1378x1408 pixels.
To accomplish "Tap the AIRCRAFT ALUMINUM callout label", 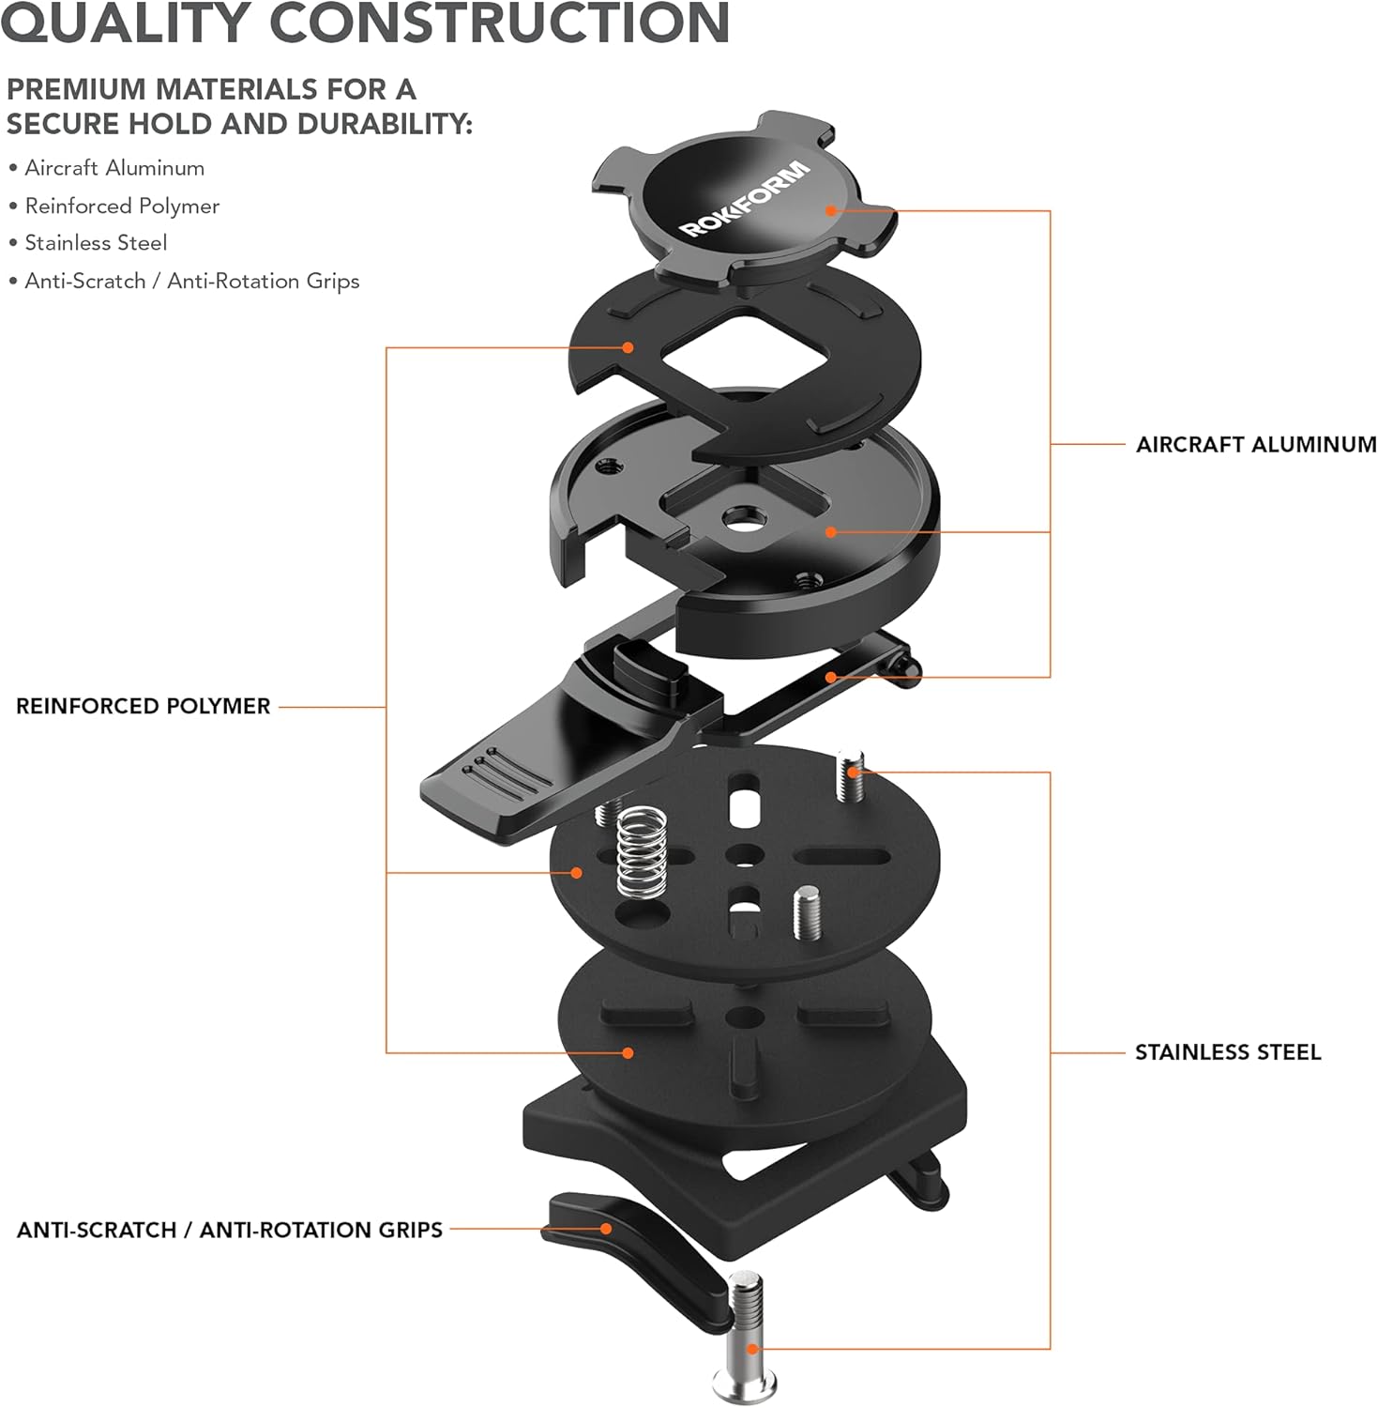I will (x=1255, y=444).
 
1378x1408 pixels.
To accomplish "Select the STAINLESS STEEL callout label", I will (x=1227, y=1052).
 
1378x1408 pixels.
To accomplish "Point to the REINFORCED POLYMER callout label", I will (x=143, y=706).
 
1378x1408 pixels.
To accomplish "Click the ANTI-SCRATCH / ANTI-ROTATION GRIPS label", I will (x=230, y=1230).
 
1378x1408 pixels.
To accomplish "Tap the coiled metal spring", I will (x=643, y=850).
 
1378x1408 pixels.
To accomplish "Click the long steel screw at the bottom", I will (x=746, y=1333).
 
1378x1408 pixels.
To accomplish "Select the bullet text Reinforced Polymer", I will (x=122, y=206).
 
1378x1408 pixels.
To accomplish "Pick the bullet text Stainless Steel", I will (x=96, y=243).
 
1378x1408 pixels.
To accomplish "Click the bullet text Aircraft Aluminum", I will (x=114, y=168).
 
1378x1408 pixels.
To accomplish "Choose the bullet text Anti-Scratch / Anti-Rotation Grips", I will (x=191, y=281).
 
